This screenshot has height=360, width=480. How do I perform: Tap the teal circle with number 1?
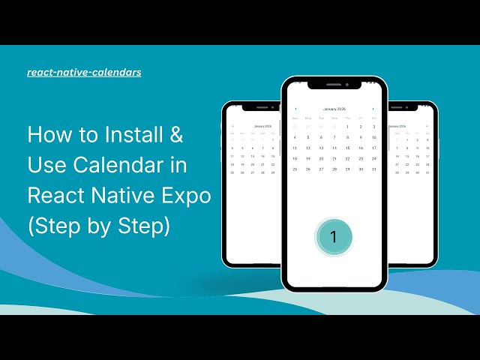334,237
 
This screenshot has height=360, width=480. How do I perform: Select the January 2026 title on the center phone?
334,109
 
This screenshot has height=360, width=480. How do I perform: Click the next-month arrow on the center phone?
373,109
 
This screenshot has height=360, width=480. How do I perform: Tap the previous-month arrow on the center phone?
295,109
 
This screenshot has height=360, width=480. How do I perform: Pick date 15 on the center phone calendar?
347,148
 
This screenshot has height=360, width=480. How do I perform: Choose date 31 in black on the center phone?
373,169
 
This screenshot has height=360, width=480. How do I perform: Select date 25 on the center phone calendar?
295,169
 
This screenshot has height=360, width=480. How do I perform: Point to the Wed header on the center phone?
334,118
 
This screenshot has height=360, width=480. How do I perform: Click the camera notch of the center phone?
346,85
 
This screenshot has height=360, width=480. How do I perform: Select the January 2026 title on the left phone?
262,126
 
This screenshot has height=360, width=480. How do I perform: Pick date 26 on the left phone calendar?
242,172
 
